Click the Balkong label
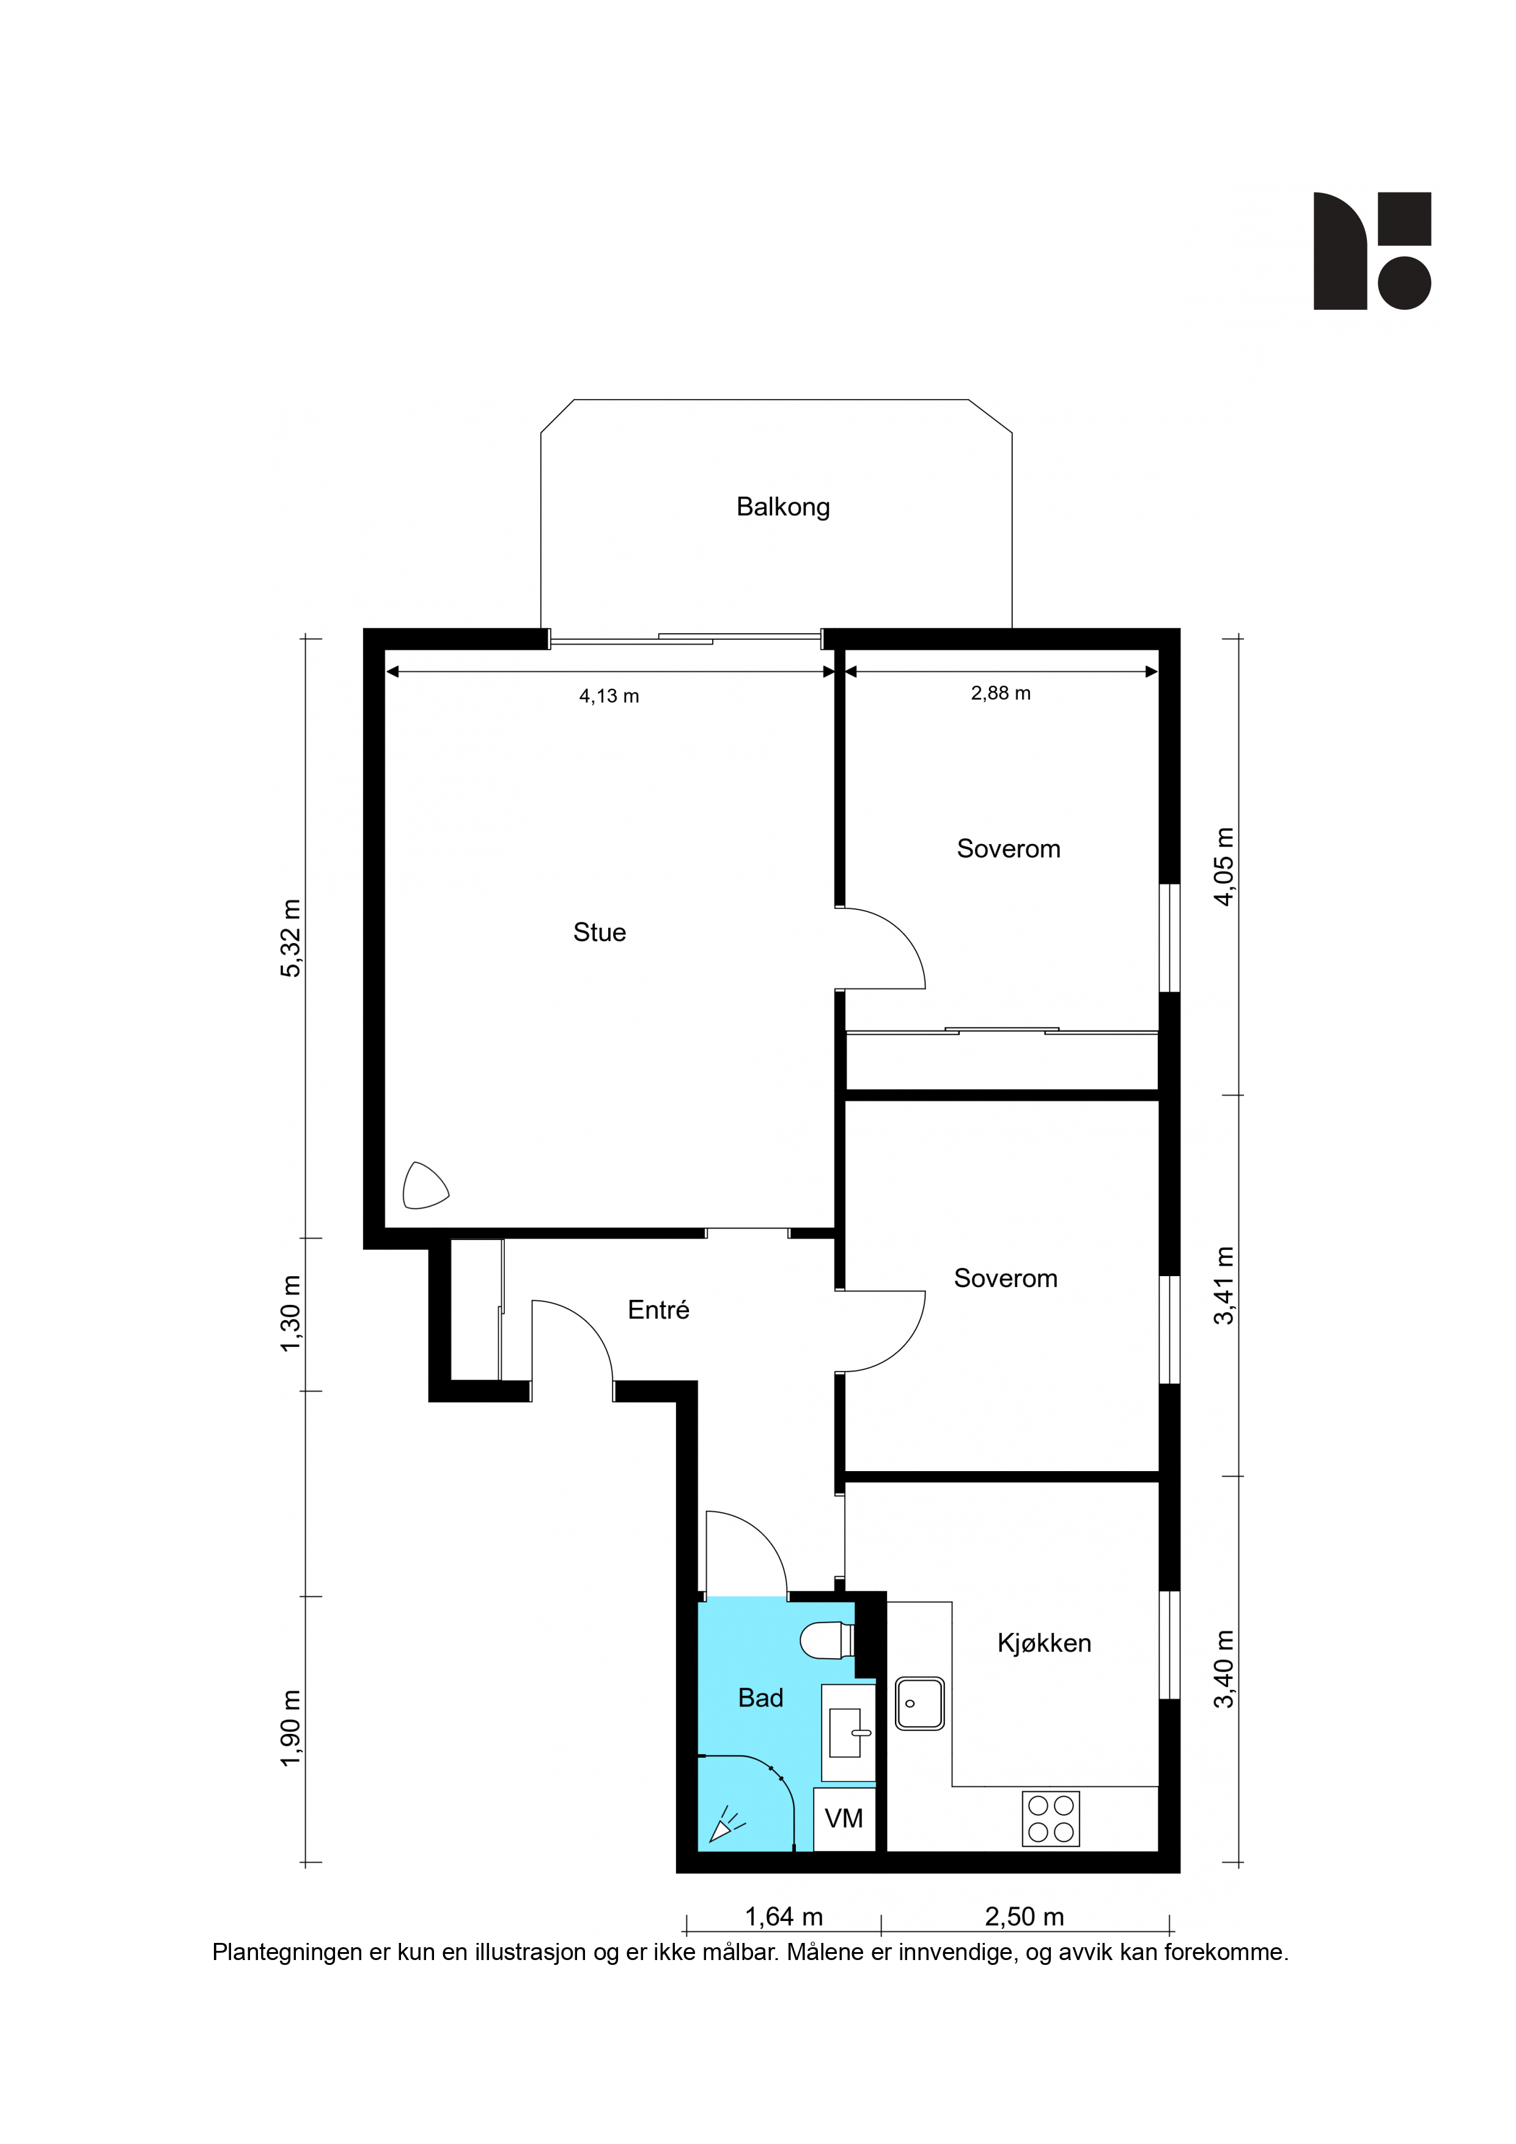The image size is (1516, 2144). coord(782,507)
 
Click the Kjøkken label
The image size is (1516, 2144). coord(1044,1643)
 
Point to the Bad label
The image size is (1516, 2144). coord(760,1698)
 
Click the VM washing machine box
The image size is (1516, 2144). coord(844,1819)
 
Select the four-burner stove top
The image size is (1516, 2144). coord(1051,1819)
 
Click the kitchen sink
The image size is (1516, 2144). coord(920,1703)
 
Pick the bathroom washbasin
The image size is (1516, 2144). coord(848,1733)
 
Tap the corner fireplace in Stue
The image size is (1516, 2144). coord(425,1186)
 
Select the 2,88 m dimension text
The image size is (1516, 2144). coord(1001,694)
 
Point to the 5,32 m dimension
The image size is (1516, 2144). coord(292,939)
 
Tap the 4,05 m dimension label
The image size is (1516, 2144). coord(1224,867)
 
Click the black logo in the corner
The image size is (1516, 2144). coord(1372,250)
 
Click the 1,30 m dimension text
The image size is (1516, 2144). coord(292,1314)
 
